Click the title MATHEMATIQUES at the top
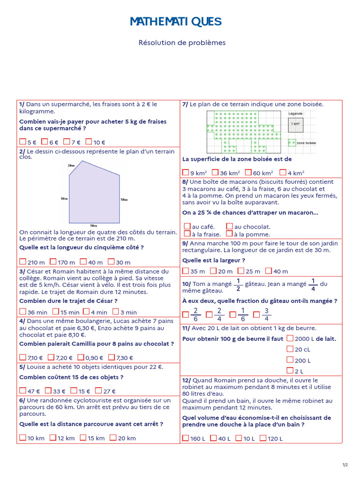[175, 22]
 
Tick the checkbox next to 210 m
[23, 262]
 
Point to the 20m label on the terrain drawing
[71, 165]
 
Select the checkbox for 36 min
[23, 312]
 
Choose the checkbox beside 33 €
[48, 390]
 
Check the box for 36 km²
[215, 172]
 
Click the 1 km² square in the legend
[295, 124]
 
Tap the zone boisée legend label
[306, 143]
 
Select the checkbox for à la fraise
[187, 233]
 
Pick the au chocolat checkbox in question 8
[229, 226]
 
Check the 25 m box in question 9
[241, 271]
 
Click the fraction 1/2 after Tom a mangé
[238, 284]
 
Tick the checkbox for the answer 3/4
[256, 315]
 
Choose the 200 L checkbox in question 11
[290, 360]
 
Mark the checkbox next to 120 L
[263, 438]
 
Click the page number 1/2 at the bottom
[345, 465]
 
